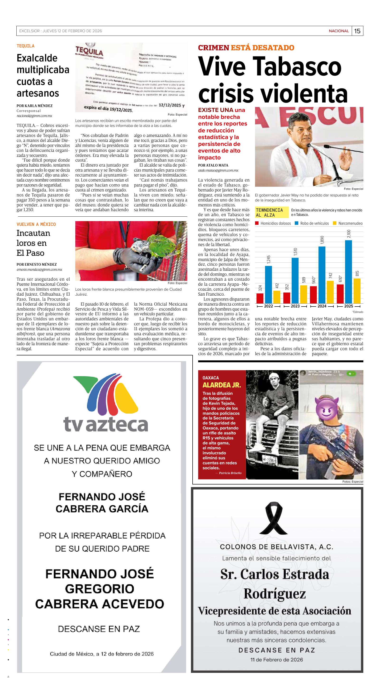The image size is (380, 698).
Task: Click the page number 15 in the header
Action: tap(357, 31)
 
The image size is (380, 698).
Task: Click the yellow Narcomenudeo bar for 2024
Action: tap(330, 292)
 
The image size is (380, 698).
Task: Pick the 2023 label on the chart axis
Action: tap(295, 306)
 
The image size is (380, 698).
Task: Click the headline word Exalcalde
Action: tap(37, 58)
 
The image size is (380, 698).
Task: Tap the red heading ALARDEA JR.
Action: tap(222, 385)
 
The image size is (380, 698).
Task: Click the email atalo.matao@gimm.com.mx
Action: tap(218, 170)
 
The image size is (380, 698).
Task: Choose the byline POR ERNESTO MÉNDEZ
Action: tap(37, 265)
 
